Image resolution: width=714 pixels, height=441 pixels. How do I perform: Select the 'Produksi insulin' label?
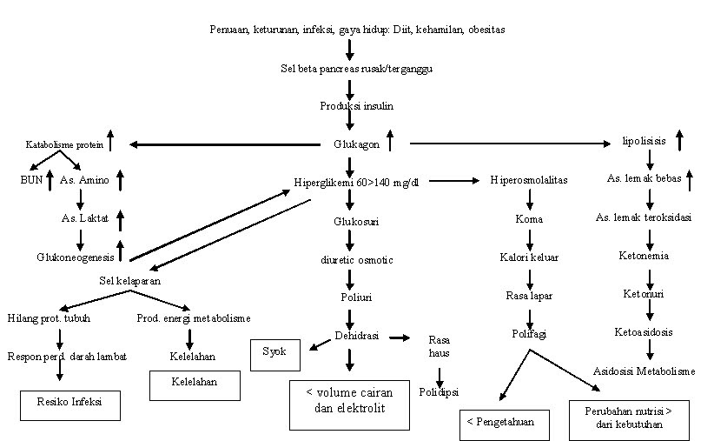coord(355,106)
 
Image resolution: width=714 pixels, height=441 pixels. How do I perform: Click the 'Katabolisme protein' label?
coord(57,144)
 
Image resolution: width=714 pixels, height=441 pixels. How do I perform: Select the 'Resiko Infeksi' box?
coord(69,404)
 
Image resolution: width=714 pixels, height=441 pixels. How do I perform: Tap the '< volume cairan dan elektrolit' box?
coord(350,401)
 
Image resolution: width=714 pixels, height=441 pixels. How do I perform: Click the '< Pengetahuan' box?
coord(504,424)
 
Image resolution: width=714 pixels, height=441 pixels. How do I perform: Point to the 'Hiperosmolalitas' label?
coord(529,180)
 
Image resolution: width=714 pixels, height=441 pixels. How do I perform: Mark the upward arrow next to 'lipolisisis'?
coord(679,139)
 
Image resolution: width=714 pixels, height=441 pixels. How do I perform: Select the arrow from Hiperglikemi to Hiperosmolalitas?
coord(453,181)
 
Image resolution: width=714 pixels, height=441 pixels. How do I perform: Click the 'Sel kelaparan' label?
coord(129,281)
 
